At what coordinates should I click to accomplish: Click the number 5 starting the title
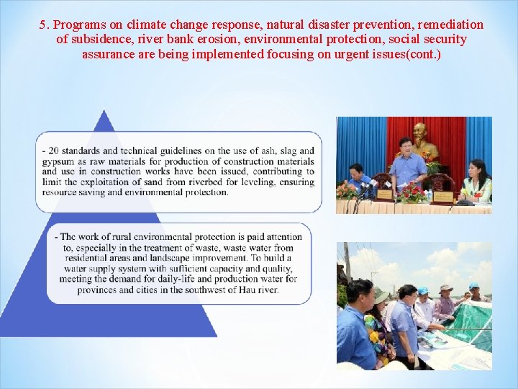(43, 24)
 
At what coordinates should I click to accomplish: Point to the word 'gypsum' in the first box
(58, 161)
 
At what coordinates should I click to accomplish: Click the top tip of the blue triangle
(105, 111)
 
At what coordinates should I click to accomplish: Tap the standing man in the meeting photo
(407, 166)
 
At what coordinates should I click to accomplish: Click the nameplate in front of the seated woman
(442, 196)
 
